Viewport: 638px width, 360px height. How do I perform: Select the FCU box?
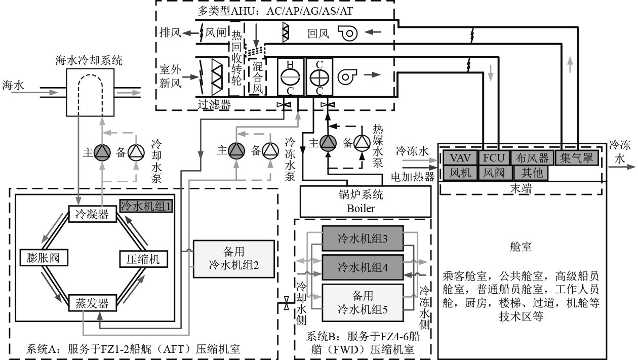tap(493, 157)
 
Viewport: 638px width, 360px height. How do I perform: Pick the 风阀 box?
tap(494, 173)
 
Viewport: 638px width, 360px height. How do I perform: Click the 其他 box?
tap(531, 173)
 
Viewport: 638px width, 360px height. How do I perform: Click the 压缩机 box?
tap(140, 259)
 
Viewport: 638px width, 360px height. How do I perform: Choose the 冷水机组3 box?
tap(362, 237)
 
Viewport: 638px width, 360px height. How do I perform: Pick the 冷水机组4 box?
tap(362, 266)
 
